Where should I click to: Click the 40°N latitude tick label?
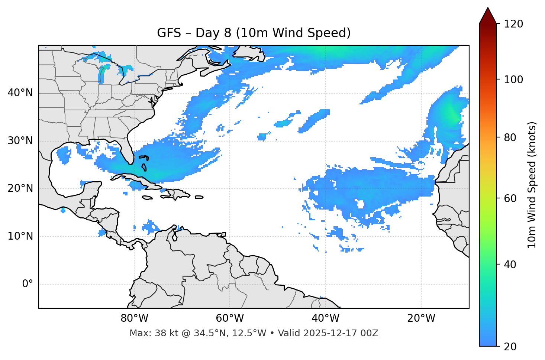pos(20,93)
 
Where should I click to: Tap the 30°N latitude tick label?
pos(20,141)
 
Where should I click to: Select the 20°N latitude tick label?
pos(20,188)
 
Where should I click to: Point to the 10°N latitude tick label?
pos(20,236)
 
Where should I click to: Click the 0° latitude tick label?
pos(28,284)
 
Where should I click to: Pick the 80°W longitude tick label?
pos(134,318)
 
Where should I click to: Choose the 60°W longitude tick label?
pos(230,318)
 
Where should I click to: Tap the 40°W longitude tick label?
pos(325,318)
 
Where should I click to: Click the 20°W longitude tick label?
pos(421,318)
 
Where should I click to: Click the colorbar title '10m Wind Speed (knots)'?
pos(532,185)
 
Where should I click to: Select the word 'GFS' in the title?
pos(169,33)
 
